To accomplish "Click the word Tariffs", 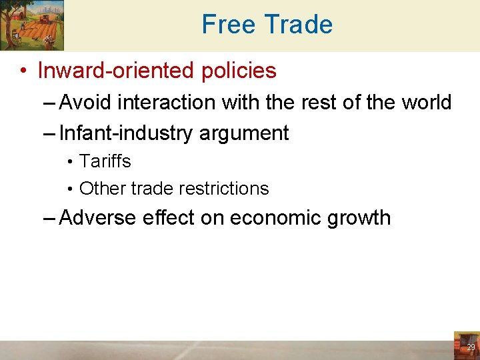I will click(x=105, y=161).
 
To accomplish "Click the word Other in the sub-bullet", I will click(x=102, y=189).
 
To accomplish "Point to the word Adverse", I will click(x=98, y=218).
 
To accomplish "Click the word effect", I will click(x=171, y=218).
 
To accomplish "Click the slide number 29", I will click(x=471, y=347).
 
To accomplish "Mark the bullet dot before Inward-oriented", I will click(x=23, y=71).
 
